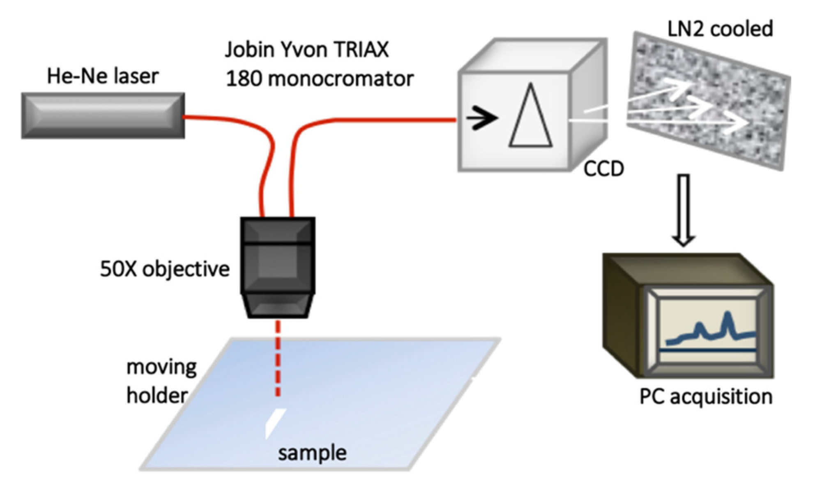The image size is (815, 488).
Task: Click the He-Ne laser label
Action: tap(103, 76)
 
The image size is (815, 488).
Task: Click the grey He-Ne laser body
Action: tap(103, 116)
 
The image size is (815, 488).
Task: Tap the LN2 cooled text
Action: tap(720, 29)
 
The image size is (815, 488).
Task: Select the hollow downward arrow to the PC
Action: tap(684, 210)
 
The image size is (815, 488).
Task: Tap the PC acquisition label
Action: tap(706, 397)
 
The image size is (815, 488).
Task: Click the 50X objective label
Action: tap(164, 269)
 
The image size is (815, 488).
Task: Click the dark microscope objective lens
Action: tap(278, 267)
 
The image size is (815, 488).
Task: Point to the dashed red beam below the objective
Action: tap(278, 358)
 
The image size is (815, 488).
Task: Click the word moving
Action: tap(161, 367)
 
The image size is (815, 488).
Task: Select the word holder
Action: tap(157, 395)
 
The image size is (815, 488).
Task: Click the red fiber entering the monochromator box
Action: tap(390, 120)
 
